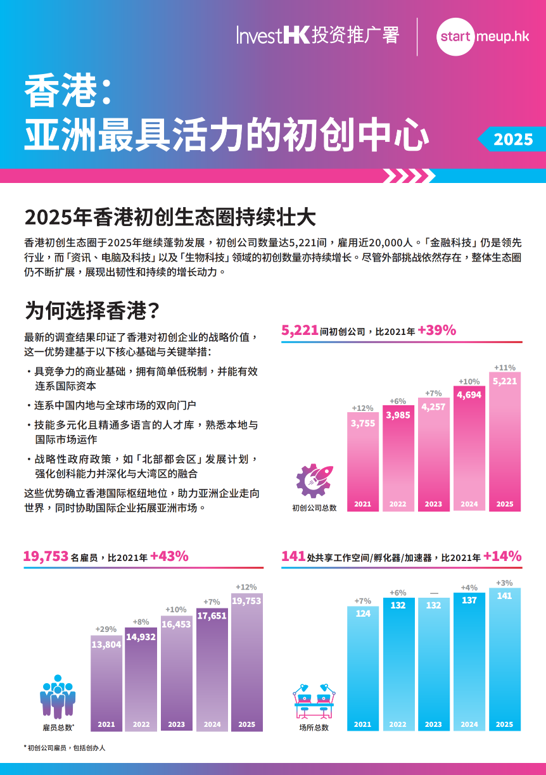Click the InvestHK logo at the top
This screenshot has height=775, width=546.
(x=317, y=35)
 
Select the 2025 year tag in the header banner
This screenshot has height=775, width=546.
(x=513, y=139)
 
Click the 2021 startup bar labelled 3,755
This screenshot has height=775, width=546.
(x=363, y=462)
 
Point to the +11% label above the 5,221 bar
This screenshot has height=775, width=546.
(x=505, y=367)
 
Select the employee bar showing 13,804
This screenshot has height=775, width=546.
(x=106, y=683)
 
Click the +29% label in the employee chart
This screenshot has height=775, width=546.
(x=106, y=629)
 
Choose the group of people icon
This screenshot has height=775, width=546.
(x=58, y=696)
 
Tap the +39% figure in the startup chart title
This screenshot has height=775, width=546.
(x=437, y=331)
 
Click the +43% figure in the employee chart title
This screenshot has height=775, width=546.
(x=169, y=557)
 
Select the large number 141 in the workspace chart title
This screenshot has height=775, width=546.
(x=293, y=557)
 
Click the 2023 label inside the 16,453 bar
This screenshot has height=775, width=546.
(x=177, y=724)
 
